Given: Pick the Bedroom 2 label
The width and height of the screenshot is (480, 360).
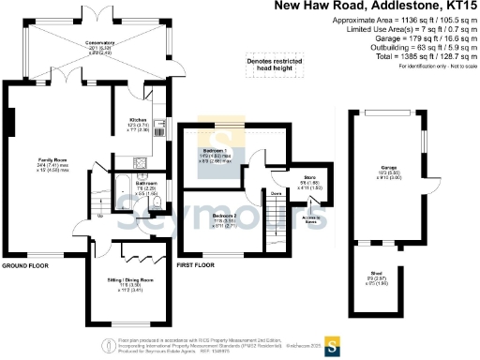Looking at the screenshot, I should click(x=222, y=215).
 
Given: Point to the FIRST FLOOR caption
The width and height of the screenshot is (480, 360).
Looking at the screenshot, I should click(x=197, y=266).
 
